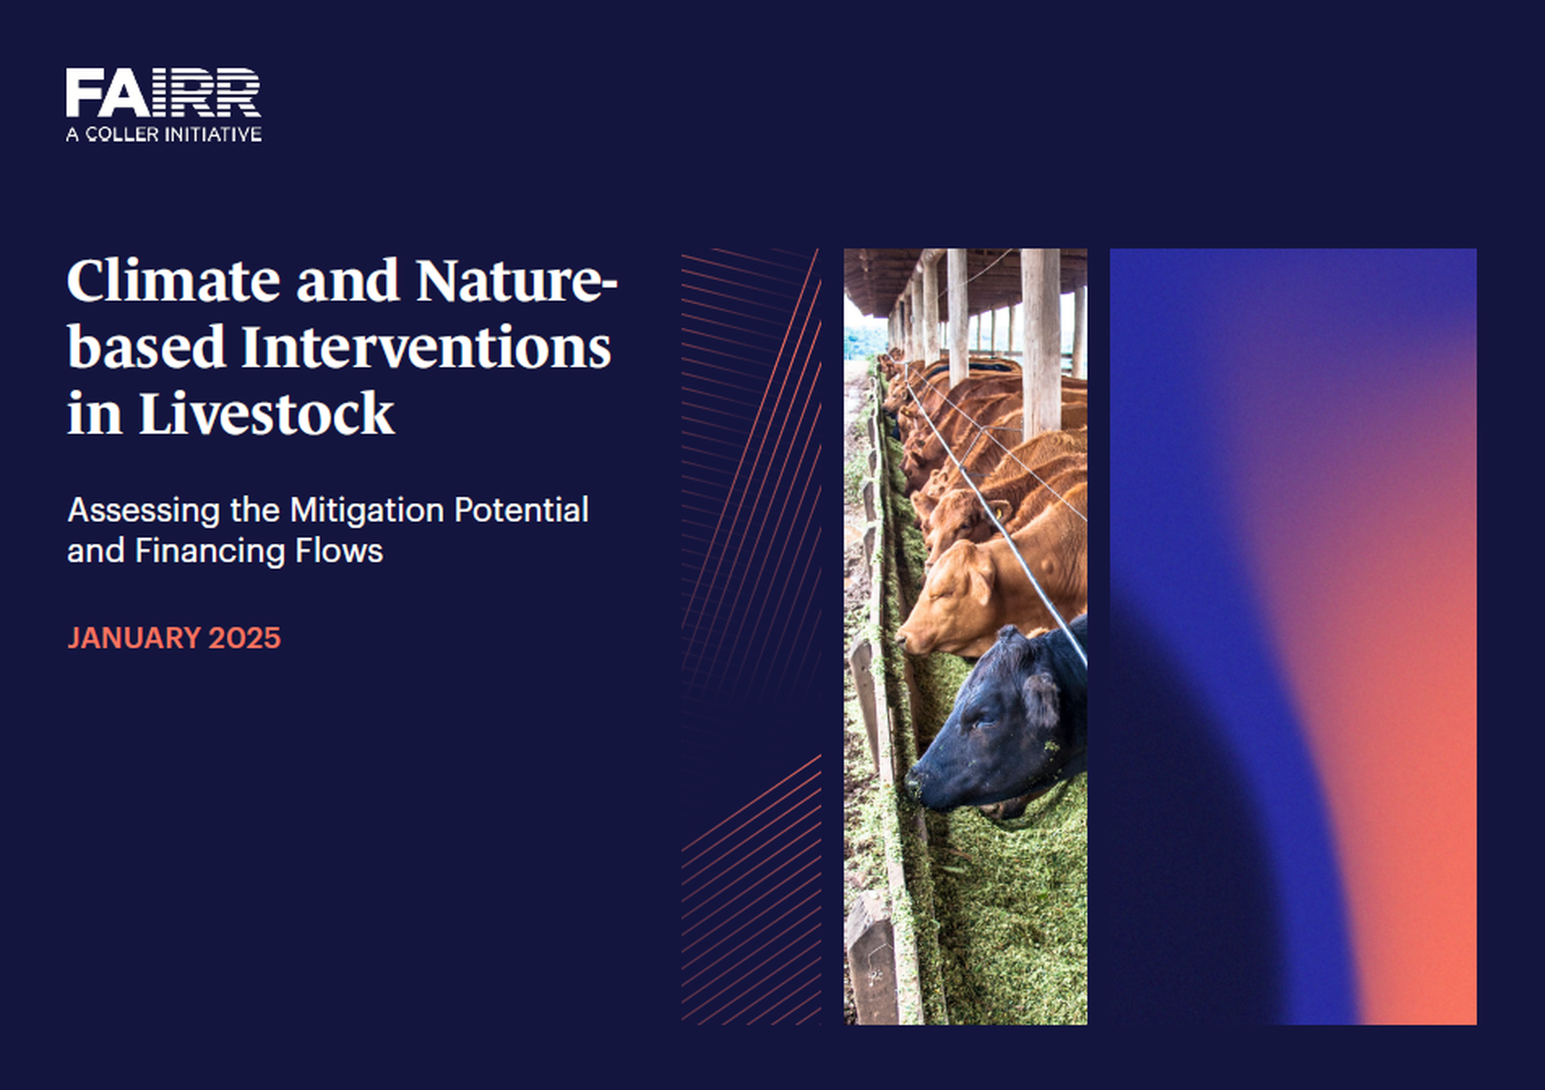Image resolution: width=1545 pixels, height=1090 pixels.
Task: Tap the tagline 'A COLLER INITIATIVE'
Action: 163,134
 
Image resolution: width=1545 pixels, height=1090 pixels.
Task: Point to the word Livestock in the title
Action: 266,412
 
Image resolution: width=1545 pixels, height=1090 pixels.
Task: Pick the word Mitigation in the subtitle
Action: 367,510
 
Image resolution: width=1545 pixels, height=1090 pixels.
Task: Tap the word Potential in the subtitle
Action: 521,510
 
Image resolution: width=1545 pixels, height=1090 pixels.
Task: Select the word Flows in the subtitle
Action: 339,551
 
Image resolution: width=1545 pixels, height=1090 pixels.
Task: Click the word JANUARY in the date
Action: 134,637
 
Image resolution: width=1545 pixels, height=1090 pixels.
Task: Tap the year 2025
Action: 244,637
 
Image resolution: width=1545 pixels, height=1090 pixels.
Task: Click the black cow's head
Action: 996,720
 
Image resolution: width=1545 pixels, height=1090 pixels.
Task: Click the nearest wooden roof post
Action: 1040,343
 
